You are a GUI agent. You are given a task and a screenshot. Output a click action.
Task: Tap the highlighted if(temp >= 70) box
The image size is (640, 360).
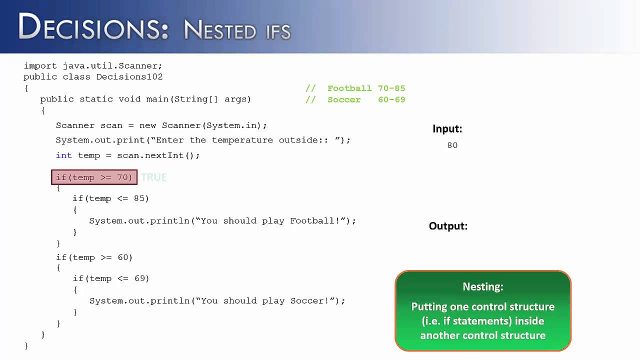[94, 177]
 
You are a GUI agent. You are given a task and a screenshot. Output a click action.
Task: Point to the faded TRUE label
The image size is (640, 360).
[154, 177]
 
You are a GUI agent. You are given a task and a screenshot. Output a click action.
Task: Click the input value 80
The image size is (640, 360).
[452, 145]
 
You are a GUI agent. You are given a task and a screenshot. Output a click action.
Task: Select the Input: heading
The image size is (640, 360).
[447, 128]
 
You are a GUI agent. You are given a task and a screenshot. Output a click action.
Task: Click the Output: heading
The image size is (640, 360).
[448, 226]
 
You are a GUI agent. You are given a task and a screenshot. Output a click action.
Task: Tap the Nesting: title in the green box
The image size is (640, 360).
[482, 286]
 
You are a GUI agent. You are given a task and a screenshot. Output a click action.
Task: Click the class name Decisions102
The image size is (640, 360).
[129, 77]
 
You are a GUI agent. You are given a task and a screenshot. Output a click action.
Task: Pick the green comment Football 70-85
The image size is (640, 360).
[366, 88]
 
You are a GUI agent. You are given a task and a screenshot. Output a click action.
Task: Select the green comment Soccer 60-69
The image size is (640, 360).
[366, 100]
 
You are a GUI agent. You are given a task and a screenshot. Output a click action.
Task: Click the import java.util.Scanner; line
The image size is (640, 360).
[93, 66]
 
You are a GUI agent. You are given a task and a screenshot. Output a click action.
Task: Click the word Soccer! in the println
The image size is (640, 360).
[313, 300]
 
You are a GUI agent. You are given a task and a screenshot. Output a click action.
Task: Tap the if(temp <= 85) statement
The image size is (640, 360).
[111, 198]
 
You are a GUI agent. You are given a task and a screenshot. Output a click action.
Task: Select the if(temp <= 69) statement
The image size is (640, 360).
[111, 278]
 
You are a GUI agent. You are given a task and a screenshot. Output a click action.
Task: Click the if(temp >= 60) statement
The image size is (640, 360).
[94, 257]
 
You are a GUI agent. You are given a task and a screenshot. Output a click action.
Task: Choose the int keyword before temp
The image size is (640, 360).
[63, 155]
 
